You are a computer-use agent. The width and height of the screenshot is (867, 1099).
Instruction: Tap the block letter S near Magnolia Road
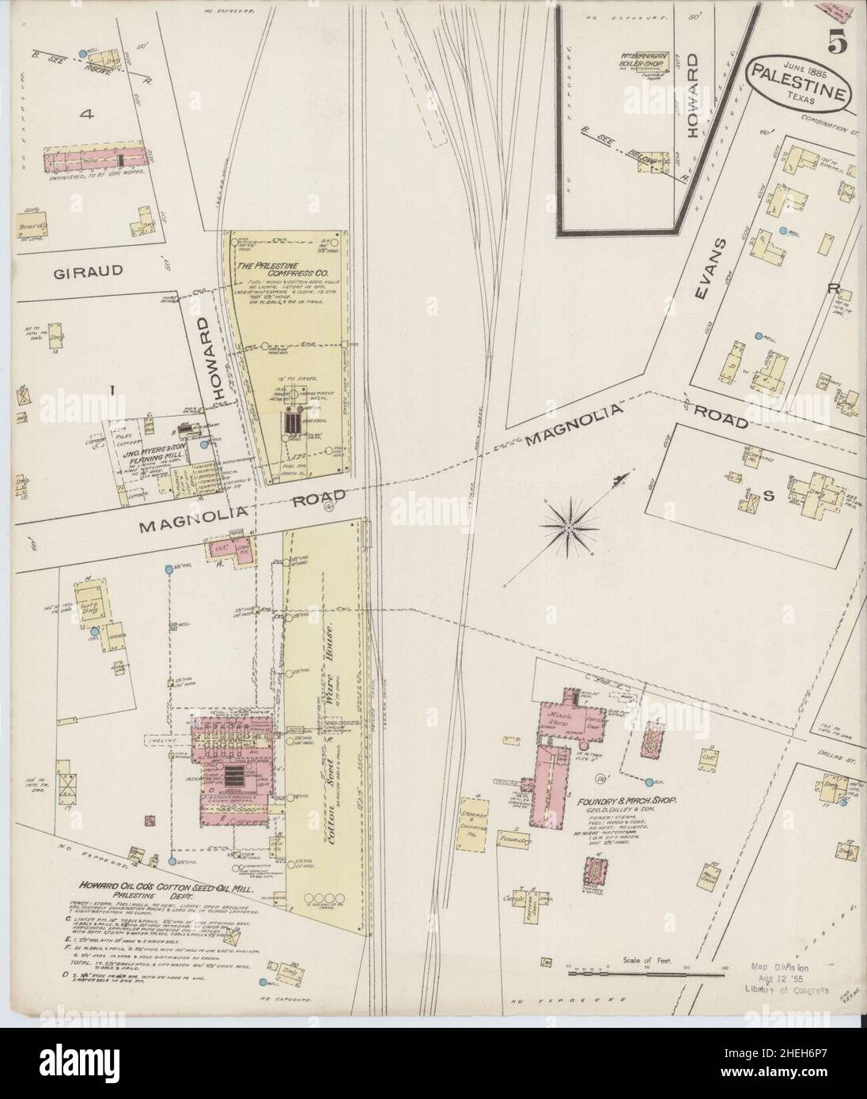point(766,496)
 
